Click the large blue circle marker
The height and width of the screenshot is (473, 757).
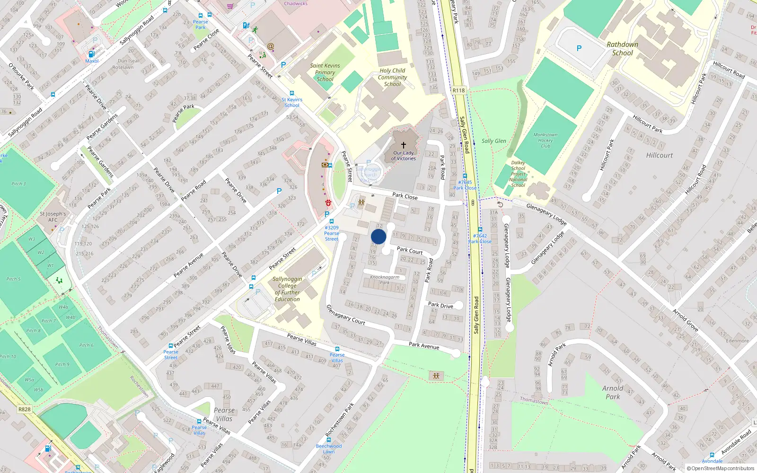pos(378,236)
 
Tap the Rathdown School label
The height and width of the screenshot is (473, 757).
pos(622,49)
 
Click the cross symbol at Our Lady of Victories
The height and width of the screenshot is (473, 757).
pos(404,145)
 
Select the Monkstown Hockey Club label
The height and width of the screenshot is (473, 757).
pos(545,140)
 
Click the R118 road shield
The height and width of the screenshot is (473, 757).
pos(458,90)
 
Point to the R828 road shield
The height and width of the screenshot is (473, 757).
pos(24,409)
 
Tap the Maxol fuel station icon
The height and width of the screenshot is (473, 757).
pos(92,54)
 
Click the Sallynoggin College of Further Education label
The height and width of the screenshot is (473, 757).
pos(287,289)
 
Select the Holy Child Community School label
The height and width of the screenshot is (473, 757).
pos(392,77)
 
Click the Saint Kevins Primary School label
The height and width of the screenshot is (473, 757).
pos(325,72)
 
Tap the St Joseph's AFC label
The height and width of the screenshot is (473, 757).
pos(53,217)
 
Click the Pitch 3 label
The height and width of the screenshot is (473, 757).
pos(18,184)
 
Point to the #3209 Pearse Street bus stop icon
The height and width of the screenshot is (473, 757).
pos(331,221)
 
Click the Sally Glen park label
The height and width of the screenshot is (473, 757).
pos(493,141)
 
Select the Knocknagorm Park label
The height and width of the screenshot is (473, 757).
pos(385,280)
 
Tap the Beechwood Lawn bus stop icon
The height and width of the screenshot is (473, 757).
pos(329,440)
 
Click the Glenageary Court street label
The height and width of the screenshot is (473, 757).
pos(346,315)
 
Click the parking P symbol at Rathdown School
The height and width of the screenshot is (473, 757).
pos(579,48)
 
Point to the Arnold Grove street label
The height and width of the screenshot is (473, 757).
pos(686,320)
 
